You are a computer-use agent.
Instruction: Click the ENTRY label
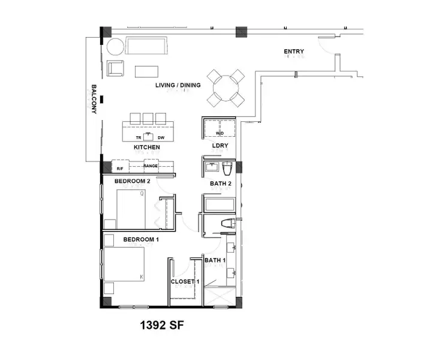(293, 52)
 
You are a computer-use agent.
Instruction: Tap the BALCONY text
(94, 99)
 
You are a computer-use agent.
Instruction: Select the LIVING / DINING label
(178, 85)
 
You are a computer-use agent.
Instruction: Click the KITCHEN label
(146, 147)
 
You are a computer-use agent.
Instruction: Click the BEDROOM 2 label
(133, 181)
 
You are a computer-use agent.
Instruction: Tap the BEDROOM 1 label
(141, 240)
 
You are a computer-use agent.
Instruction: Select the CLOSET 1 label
(184, 281)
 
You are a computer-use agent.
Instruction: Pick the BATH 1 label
(215, 260)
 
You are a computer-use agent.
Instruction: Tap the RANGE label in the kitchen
(151, 166)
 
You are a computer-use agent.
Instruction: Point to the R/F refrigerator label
(120, 169)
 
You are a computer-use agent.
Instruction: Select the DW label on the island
(161, 137)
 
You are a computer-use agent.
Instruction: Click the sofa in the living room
(147, 46)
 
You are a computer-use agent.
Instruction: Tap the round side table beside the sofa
(115, 47)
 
